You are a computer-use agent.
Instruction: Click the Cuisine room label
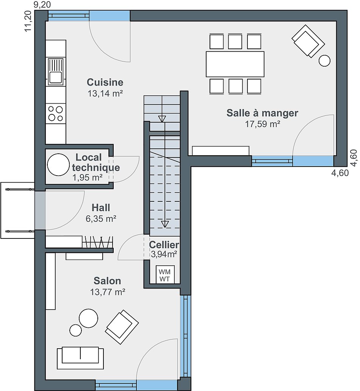(x=105, y=82)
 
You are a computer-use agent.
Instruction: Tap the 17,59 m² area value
(x=262, y=124)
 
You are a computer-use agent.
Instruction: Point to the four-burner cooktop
(x=55, y=114)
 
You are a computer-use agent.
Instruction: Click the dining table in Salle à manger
(x=235, y=64)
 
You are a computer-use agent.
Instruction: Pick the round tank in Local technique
(x=58, y=165)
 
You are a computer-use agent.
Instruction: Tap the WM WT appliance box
(x=164, y=274)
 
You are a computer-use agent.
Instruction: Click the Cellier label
(x=164, y=245)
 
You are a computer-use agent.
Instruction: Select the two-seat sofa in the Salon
(x=80, y=358)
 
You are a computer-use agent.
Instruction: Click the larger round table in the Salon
(x=88, y=318)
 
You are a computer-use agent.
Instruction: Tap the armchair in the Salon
(x=122, y=327)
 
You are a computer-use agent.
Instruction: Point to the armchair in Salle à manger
(x=308, y=41)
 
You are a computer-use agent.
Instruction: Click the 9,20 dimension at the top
(x=42, y=5)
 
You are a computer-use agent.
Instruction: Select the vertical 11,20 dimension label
(x=28, y=21)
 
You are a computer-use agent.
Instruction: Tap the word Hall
(x=101, y=207)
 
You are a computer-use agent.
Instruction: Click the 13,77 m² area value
(x=108, y=292)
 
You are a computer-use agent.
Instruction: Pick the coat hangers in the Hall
(x=97, y=241)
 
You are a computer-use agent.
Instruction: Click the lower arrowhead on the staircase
(x=165, y=224)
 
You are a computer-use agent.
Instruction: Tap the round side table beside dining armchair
(x=324, y=61)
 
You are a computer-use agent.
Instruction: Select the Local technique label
(x=96, y=162)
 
